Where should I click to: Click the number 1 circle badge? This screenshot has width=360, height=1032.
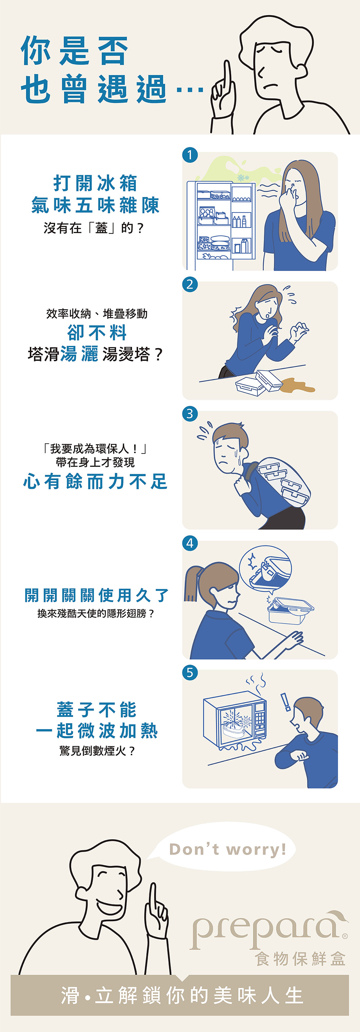tap(190, 155)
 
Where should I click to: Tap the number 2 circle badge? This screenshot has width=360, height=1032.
tap(190, 285)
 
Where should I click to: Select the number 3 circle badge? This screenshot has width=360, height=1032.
tap(190, 414)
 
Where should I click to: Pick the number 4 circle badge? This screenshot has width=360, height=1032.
tap(190, 543)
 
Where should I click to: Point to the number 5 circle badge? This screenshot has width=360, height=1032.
tap(190, 673)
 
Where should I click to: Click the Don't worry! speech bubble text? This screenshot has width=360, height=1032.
tap(228, 849)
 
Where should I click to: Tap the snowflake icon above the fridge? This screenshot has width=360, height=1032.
tap(243, 178)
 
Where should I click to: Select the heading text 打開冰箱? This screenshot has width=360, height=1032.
tap(95, 183)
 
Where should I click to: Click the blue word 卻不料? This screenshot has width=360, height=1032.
tap(97, 332)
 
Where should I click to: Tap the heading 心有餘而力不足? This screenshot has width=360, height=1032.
tap(95, 481)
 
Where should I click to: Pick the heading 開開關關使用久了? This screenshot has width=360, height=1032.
tap(96, 595)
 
